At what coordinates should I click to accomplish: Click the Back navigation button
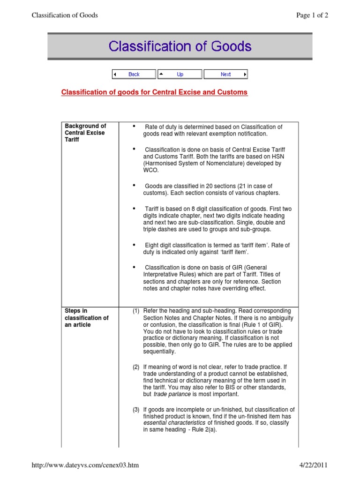134,74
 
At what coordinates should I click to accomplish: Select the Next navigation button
226,74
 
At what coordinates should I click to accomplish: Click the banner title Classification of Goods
180,46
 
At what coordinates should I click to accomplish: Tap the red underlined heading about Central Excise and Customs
154,92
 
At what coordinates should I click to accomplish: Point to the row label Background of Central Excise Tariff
85,133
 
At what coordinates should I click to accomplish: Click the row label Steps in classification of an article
87,318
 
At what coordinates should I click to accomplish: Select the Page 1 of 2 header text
312,15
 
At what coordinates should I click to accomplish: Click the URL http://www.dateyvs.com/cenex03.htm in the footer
85,465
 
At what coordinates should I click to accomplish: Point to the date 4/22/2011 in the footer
314,465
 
